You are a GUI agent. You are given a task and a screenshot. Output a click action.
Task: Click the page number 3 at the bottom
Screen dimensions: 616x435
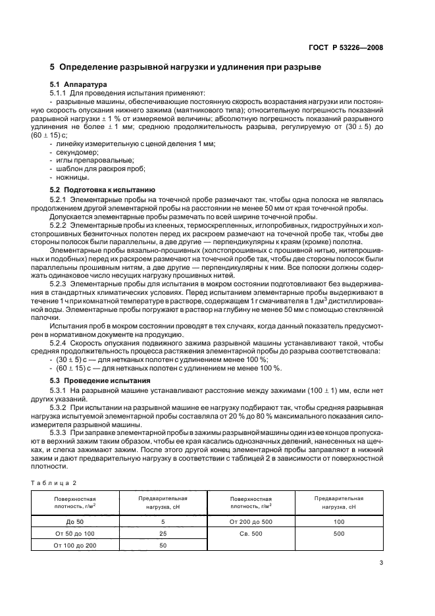click(x=381, y=562)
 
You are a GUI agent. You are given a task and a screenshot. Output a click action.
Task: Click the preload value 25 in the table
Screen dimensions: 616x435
click(x=163, y=533)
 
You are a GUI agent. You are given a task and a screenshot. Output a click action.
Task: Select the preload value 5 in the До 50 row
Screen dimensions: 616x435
click(x=163, y=521)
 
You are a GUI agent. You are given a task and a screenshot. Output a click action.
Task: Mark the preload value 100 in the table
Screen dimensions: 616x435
click(x=339, y=521)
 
